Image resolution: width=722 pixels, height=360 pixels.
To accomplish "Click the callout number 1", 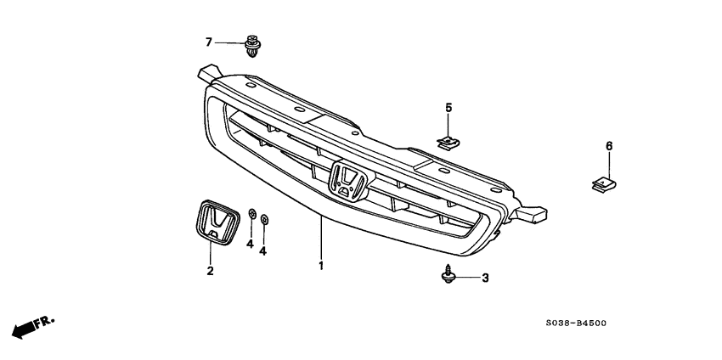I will click(321, 267).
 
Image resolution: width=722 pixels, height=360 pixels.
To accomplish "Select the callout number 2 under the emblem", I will click(210, 272).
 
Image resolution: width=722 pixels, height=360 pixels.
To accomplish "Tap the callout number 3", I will click(485, 278).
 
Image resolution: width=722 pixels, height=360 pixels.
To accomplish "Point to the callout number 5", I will click(448, 107).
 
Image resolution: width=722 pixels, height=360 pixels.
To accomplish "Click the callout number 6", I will click(609, 147).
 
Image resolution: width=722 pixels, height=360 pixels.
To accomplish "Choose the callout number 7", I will click(208, 42).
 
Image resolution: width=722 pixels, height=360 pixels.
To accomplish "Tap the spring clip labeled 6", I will click(603, 181).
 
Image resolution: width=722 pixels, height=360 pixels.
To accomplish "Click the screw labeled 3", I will click(448, 274).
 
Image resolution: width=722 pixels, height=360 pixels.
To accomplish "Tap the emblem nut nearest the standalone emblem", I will click(252, 213).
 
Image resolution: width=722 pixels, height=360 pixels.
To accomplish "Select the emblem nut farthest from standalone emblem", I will click(264, 220).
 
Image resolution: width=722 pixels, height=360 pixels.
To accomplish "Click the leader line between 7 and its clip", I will click(228, 42).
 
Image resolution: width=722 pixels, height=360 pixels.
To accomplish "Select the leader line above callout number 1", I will click(321, 238).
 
